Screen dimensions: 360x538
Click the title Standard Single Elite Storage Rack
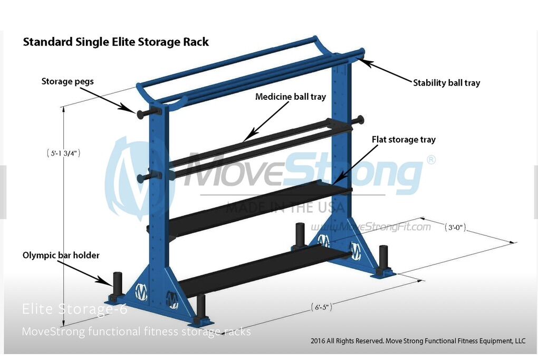click(116, 42)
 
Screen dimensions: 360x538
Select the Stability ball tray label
click(446, 83)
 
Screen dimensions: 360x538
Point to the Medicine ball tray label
click(290, 97)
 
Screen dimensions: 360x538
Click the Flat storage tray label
click(403, 140)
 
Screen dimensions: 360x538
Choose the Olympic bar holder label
click(61, 255)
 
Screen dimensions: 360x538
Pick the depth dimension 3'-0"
click(455, 228)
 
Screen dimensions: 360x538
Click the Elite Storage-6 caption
click(74, 309)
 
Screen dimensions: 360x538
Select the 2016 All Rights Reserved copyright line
click(418, 341)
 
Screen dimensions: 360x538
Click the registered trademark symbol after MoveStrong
click(431, 160)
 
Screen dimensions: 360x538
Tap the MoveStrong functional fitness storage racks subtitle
click(136, 332)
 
